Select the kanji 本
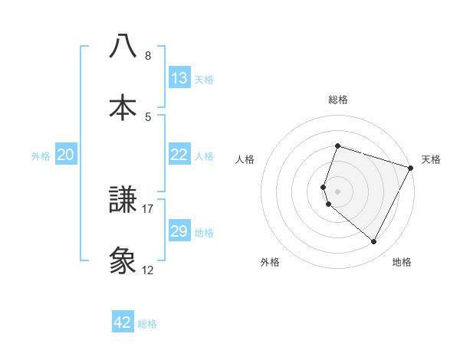click(123, 106)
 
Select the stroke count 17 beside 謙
click(148, 208)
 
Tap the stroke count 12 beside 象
click(148, 270)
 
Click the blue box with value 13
click(179, 78)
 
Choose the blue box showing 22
click(179, 155)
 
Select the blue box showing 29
click(179, 231)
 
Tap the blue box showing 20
click(66, 155)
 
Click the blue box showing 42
click(123, 322)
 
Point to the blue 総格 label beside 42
click(147, 324)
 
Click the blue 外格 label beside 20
click(41, 156)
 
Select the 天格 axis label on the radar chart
click(431, 159)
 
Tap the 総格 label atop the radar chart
click(338, 100)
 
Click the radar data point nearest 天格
click(412, 168)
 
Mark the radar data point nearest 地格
click(374, 242)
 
